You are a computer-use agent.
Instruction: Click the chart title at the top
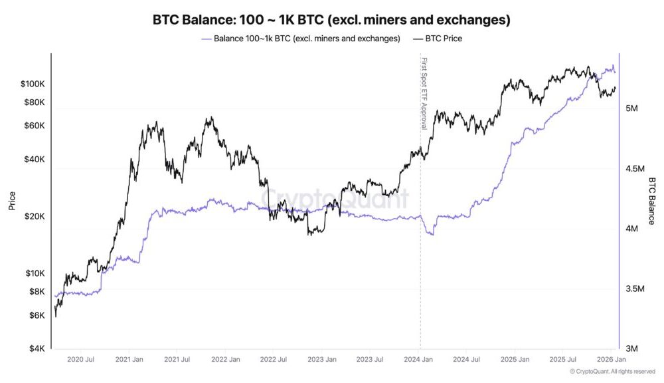(x=331, y=20)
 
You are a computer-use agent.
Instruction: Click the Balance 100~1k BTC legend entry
(x=306, y=39)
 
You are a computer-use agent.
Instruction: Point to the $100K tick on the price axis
(x=33, y=84)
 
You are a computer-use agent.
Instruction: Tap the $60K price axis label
(x=35, y=126)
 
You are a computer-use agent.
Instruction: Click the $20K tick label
(x=35, y=217)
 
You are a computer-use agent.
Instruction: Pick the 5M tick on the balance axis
(x=633, y=108)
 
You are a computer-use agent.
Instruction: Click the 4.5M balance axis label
(x=636, y=169)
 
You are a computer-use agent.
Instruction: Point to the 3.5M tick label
(x=636, y=289)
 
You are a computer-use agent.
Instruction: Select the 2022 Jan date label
(x=224, y=360)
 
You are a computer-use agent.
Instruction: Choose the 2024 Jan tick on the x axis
(x=419, y=360)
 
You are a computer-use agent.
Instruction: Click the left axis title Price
(x=12, y=200)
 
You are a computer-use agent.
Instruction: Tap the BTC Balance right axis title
(x=651, y=200)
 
